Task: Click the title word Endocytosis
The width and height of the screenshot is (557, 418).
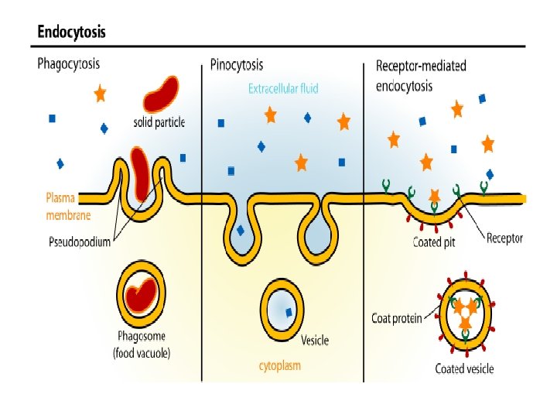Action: pyautogui.click(x=72, y=33)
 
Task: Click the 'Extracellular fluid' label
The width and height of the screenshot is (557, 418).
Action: pyautogui.click(x=283, y=88)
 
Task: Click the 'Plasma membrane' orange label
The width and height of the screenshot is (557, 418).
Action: pyautogui.click(x=63, y=206)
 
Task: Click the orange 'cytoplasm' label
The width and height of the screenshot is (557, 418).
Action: pyautogui.click(x=279, y=365)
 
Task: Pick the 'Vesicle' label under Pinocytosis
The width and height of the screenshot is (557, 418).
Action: pyautogui.click(x=314, y=341)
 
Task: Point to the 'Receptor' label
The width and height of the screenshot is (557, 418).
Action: pyautogui.click(x=504, y=238)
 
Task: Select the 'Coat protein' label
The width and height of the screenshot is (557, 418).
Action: pyautogui.click(x=397, y=318)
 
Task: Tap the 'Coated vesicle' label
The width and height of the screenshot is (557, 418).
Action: pyautogui.click(x=464, y=368)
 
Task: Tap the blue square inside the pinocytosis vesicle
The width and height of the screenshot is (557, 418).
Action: pyautogui.click(x=289, y=312)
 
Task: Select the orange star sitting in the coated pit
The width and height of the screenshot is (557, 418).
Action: pyautogui.click(x=434, y=196)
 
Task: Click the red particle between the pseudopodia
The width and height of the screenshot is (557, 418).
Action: pyautogui.click(x=140, y=173)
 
